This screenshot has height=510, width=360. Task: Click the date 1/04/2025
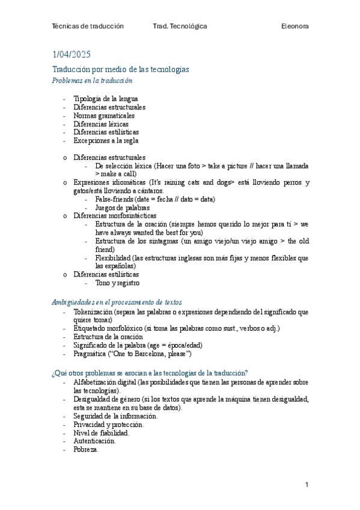click(x=72, y=55)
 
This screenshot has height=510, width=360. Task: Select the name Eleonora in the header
click(x=295, y=26)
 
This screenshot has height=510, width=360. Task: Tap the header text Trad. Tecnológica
click(x=180, y=26)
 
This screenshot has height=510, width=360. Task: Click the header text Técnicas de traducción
click(x=88, y=26)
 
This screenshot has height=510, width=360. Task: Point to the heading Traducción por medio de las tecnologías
click(x=120, y=70)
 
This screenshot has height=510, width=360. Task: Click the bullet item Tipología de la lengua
click(x=106, y=99)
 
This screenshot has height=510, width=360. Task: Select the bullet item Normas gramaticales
click(x=104, y=115)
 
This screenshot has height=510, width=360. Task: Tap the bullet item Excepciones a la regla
click(x=106, y=141)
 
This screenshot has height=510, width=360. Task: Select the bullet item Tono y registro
click(x=117, y=282)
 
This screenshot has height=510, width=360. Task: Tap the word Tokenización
click(x=93, y=312)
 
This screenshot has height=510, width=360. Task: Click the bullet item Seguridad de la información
click(x=115, y=416)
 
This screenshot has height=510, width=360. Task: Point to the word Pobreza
click(x=86, y=449)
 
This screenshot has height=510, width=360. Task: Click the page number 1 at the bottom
click(x=307, y=485)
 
